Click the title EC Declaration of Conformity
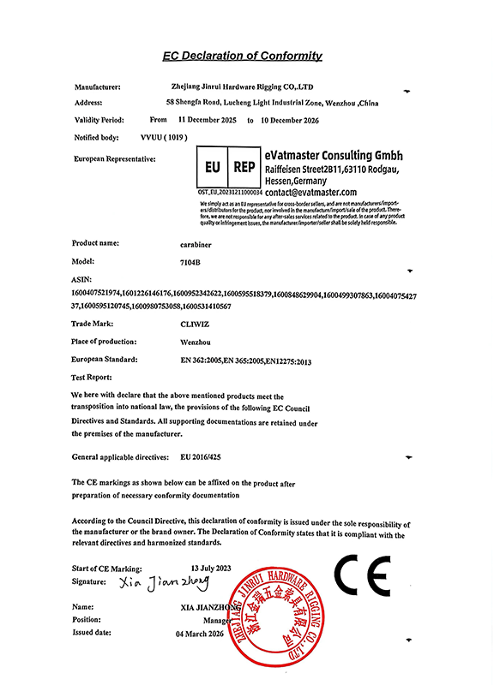(x=243, y=57)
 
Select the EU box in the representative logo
(x=214, y=169)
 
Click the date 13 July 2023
(x=213, y=569)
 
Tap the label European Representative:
(x=115, y=159)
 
